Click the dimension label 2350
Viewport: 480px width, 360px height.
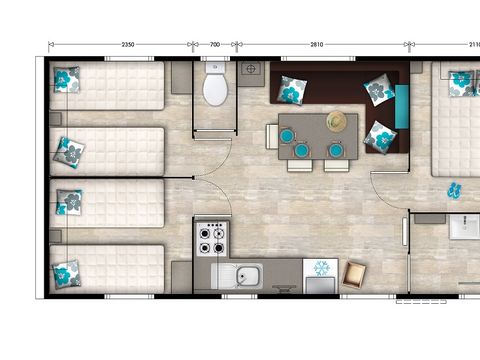click(128, 44)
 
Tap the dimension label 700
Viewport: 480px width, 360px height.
click(215, 44)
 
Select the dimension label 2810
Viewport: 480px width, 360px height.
click(317, 44)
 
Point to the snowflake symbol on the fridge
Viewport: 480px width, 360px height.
click(321, 268)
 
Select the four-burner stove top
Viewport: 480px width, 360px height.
click(212, 239)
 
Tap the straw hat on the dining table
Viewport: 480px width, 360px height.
click(337, 121)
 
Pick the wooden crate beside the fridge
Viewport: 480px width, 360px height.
click(354, 275)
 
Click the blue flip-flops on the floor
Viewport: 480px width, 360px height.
click(454, 190)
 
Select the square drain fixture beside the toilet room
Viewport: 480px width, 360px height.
click(251, 69)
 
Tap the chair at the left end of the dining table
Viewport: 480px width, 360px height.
click(272, 136)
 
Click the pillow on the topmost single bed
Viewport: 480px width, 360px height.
click(67, 80)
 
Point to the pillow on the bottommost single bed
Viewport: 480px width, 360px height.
click(67, 274)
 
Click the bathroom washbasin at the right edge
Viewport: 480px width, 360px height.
click(465, 227)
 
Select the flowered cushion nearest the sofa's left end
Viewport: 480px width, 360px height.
click(292, 90)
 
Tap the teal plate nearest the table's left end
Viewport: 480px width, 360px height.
click(286, 136)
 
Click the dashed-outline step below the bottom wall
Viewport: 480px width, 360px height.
click(421, 302)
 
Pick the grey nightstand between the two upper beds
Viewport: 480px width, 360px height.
click(56, 119)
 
